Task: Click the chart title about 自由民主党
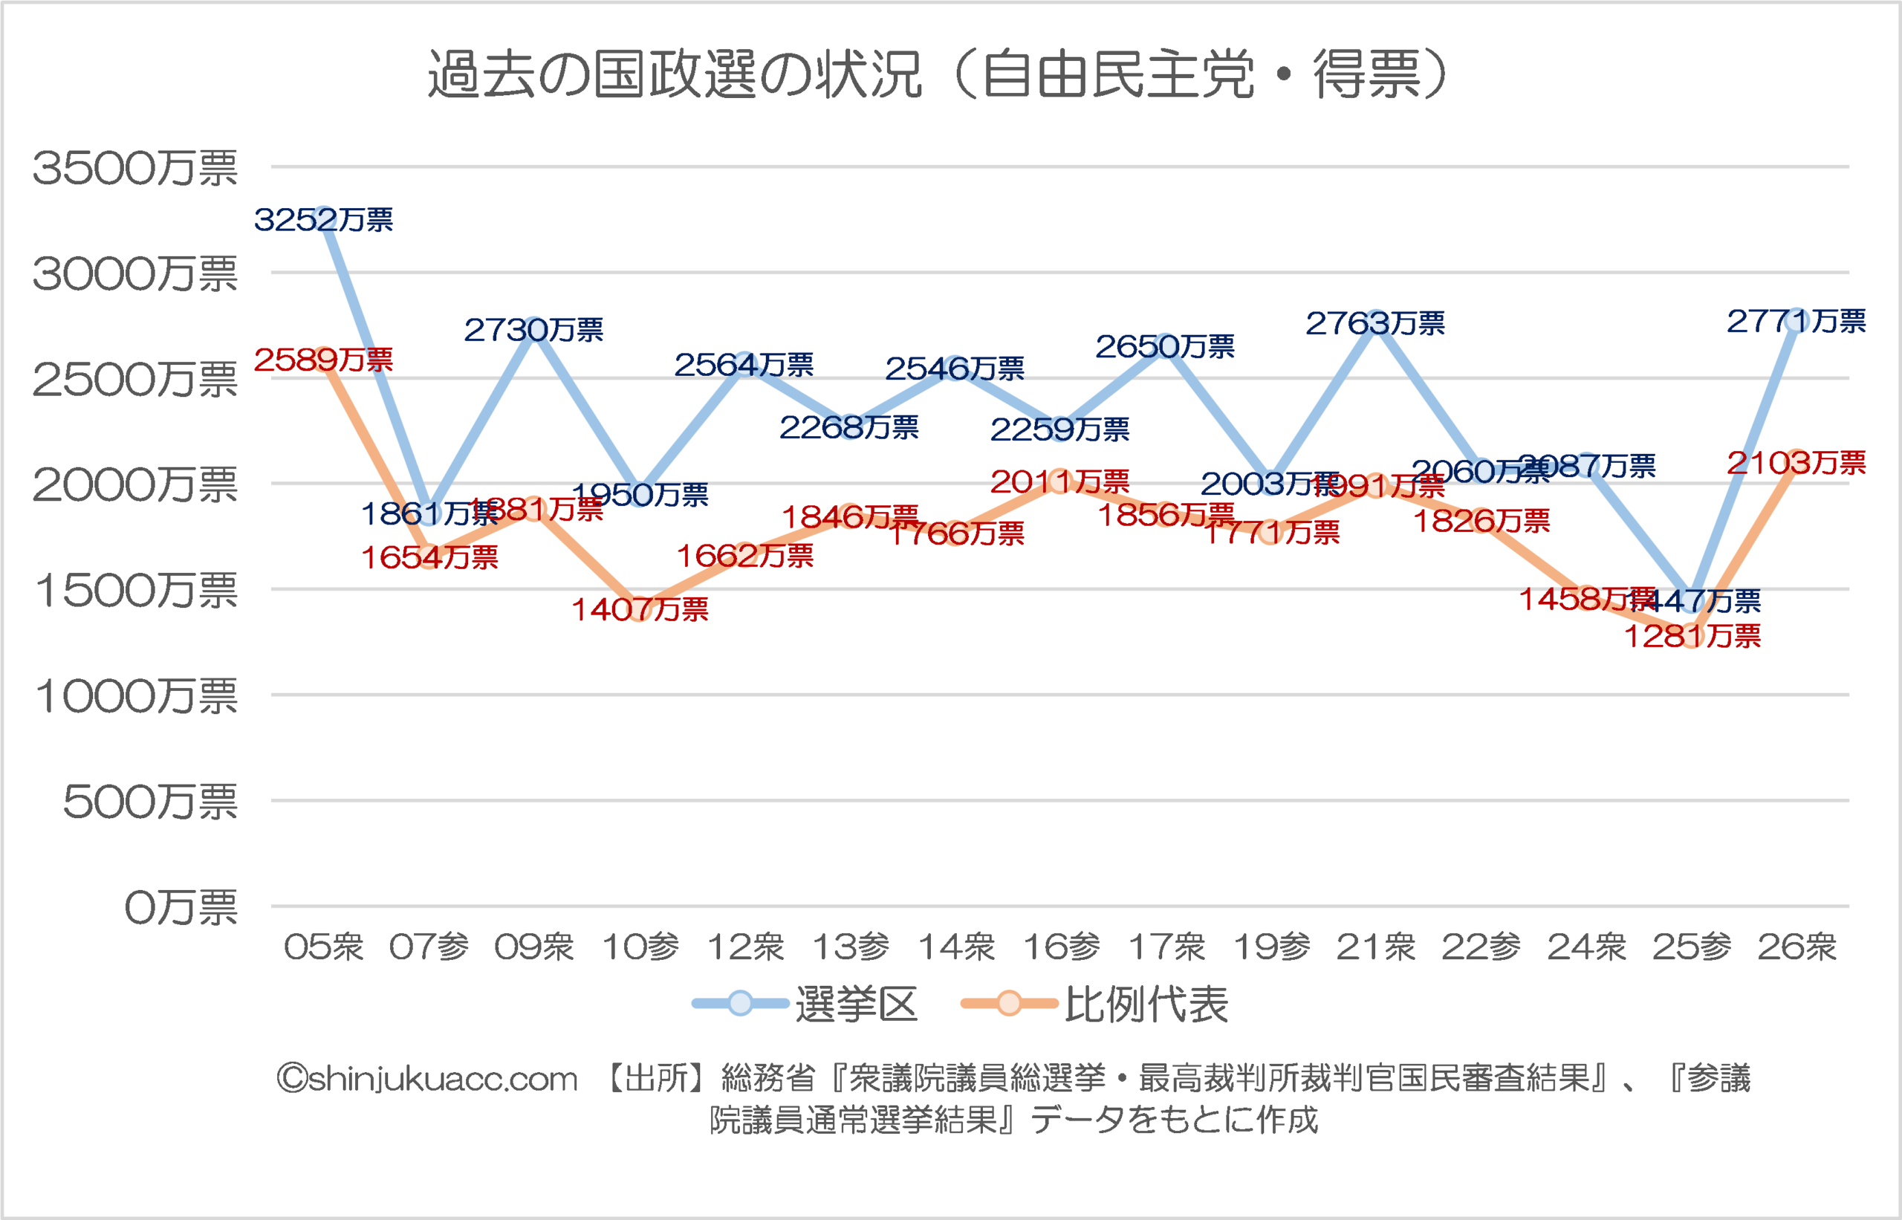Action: coord(938,74)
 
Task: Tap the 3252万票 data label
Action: coord(323,219)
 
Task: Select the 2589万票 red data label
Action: coord(323,360)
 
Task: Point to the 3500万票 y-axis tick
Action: coord(134,168)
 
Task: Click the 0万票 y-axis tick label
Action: coord(181,907)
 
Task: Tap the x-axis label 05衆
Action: coord(323,947)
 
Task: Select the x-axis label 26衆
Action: coord(1796,947)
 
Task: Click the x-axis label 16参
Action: coord(1062,947)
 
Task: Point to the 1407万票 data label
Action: coord(640,609)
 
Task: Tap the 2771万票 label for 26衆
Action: coord(1796,321)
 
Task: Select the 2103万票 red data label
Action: coord(1796,463)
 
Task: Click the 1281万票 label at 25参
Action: coord(1692,636)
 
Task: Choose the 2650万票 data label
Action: coord(1165,346)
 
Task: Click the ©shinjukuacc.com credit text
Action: coord(427,1079)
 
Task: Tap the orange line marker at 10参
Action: coord(640,609)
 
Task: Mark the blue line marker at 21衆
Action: coord(1376,322)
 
